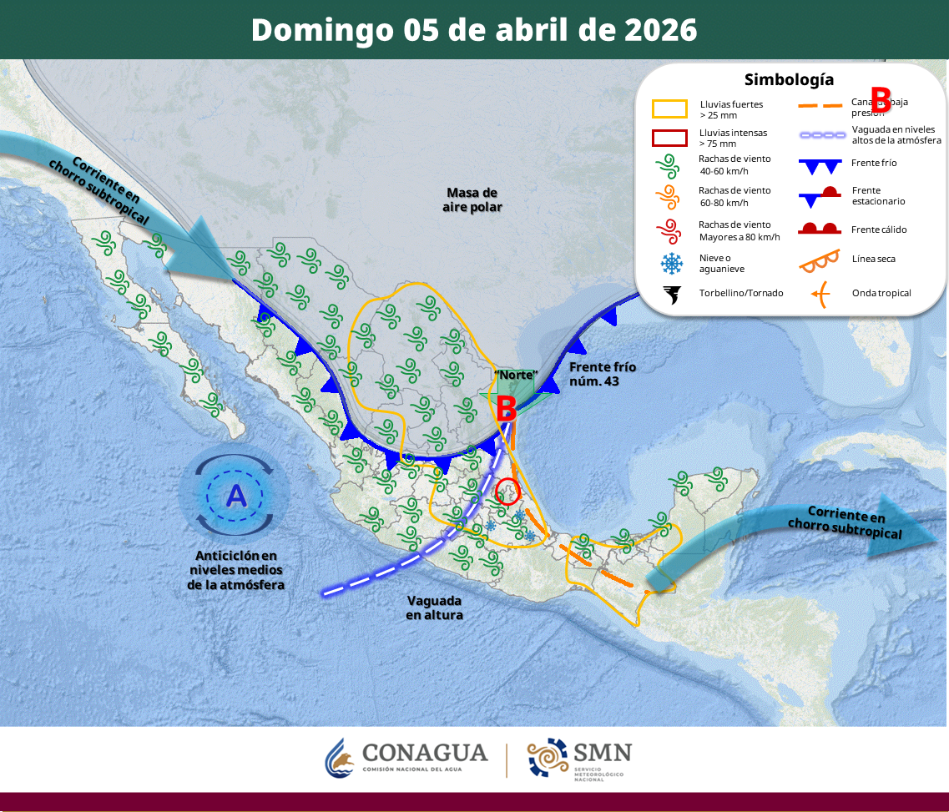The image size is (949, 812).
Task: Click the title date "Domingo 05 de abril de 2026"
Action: pyautogui.click(x=474, y=30)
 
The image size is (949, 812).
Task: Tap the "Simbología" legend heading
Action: pyautogui.click(x=789, y=80)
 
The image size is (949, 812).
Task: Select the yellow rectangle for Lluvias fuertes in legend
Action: pyautogui.click(x=669, y=109)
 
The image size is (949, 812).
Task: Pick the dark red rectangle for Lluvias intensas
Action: pyautogui.click(x=669, y=138)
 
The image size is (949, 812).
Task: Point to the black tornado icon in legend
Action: pyautogui.click(x=670, y=294)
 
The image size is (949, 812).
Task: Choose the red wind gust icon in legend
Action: pyautogui.click(x=669, y=230)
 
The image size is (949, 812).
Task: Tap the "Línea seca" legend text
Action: pyautogui.click(x=873, y=259)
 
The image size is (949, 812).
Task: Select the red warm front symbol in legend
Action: pyautogui.click(x=819, y=229)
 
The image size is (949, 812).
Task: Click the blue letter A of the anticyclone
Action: pyautogui.click(x=237, y=497)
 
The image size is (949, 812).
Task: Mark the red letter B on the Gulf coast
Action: pyautogui.click(x=506, y=408)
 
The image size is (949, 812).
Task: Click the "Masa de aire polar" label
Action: pyautogui.click(x=472, y=199)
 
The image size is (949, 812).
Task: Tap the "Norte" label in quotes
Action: pyautogui.click(x=516, y=375)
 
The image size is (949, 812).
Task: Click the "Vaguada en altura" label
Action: pyautogui.click(x=434, y=608)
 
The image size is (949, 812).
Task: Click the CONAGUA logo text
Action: pyautogui.click(x=425, y=753)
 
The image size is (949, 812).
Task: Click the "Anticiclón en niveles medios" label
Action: pyautogui.click(x=236, y=570)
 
